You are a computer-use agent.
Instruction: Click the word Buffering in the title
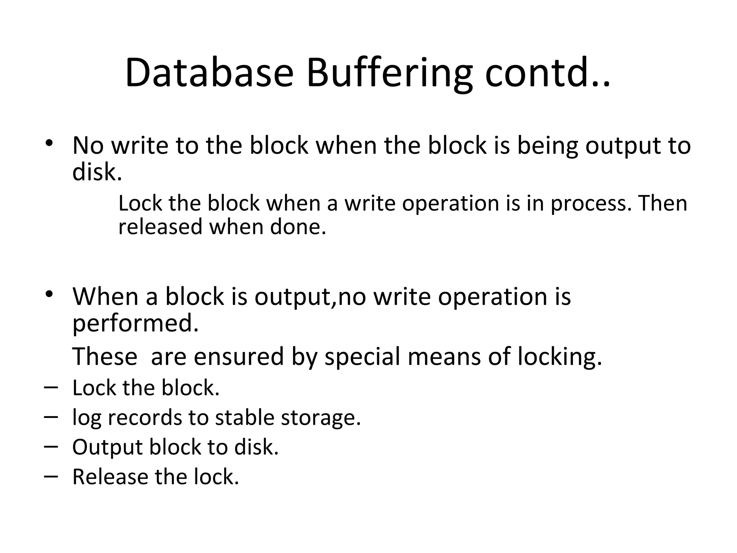pos(389,74)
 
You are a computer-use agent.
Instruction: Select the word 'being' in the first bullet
pos(547,146)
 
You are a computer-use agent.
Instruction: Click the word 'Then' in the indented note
pos(663,203)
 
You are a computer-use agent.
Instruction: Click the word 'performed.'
pos(135,324)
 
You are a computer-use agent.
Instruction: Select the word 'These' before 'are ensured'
pos(105,356)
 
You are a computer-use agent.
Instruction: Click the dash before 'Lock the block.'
pos(51,387)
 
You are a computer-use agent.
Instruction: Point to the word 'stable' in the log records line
pos(244,418)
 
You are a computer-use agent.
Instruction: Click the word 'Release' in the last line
pos(110,477)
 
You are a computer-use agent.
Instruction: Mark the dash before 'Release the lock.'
pos(51,476)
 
